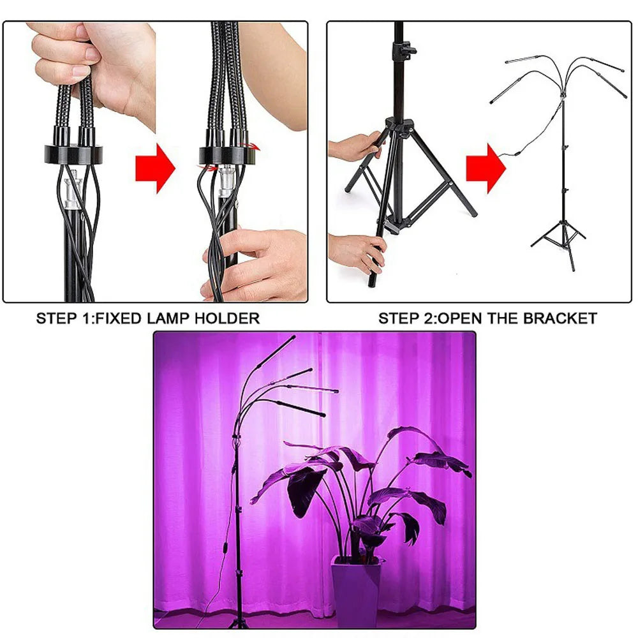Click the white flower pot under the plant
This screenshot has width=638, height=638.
click(x=356, y=590)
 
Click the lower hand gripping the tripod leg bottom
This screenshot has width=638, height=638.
click(x=357, y=252)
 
